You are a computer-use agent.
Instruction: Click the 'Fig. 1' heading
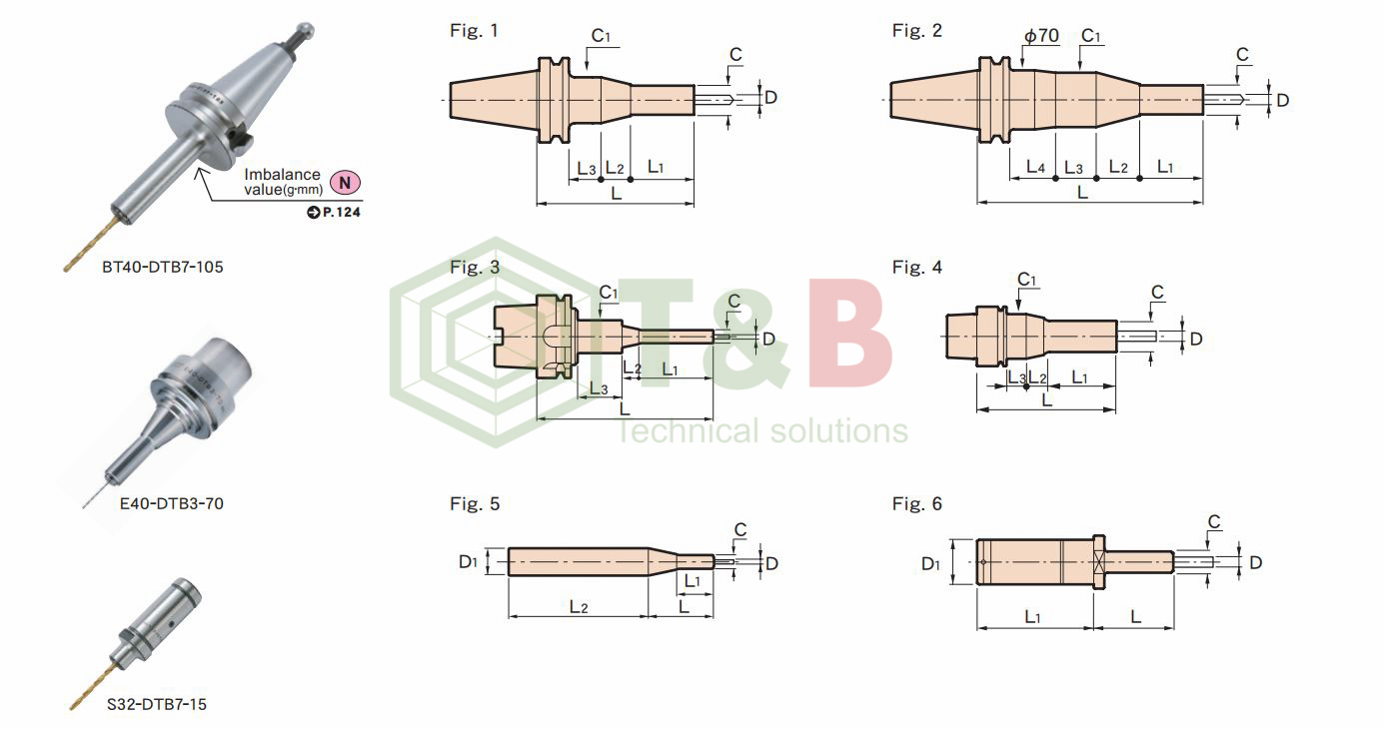click(x=474, y=30)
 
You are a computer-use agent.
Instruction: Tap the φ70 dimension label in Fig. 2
click(x=1042, y=36)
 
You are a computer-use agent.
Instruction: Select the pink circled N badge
click(x=345, y=182)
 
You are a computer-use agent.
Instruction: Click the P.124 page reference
click(x=334, y=212)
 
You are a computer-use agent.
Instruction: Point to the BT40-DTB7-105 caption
click(x=163, y=267)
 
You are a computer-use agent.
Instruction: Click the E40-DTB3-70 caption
click(x=171, y=503)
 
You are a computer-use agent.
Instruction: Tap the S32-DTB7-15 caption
click(x=157, y=704)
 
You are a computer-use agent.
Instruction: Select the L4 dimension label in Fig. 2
click(x=1035, y=166)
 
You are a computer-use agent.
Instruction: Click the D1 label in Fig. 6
click(x=930, y=563)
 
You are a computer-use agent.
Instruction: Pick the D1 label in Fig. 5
click(x=468, y=561)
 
